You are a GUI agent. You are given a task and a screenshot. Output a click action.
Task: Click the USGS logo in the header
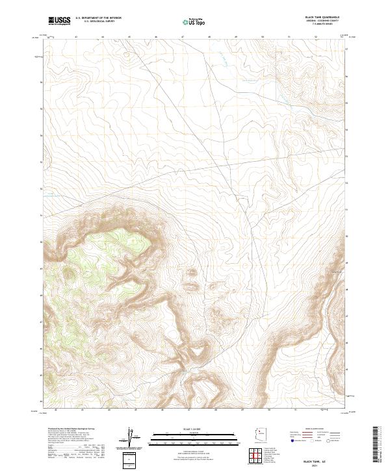(x=59, y=21)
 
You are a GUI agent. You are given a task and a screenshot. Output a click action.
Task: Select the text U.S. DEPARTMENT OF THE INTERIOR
(x=98, y=18)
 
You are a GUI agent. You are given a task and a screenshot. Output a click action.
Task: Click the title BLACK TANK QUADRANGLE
(x=322, y=17)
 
